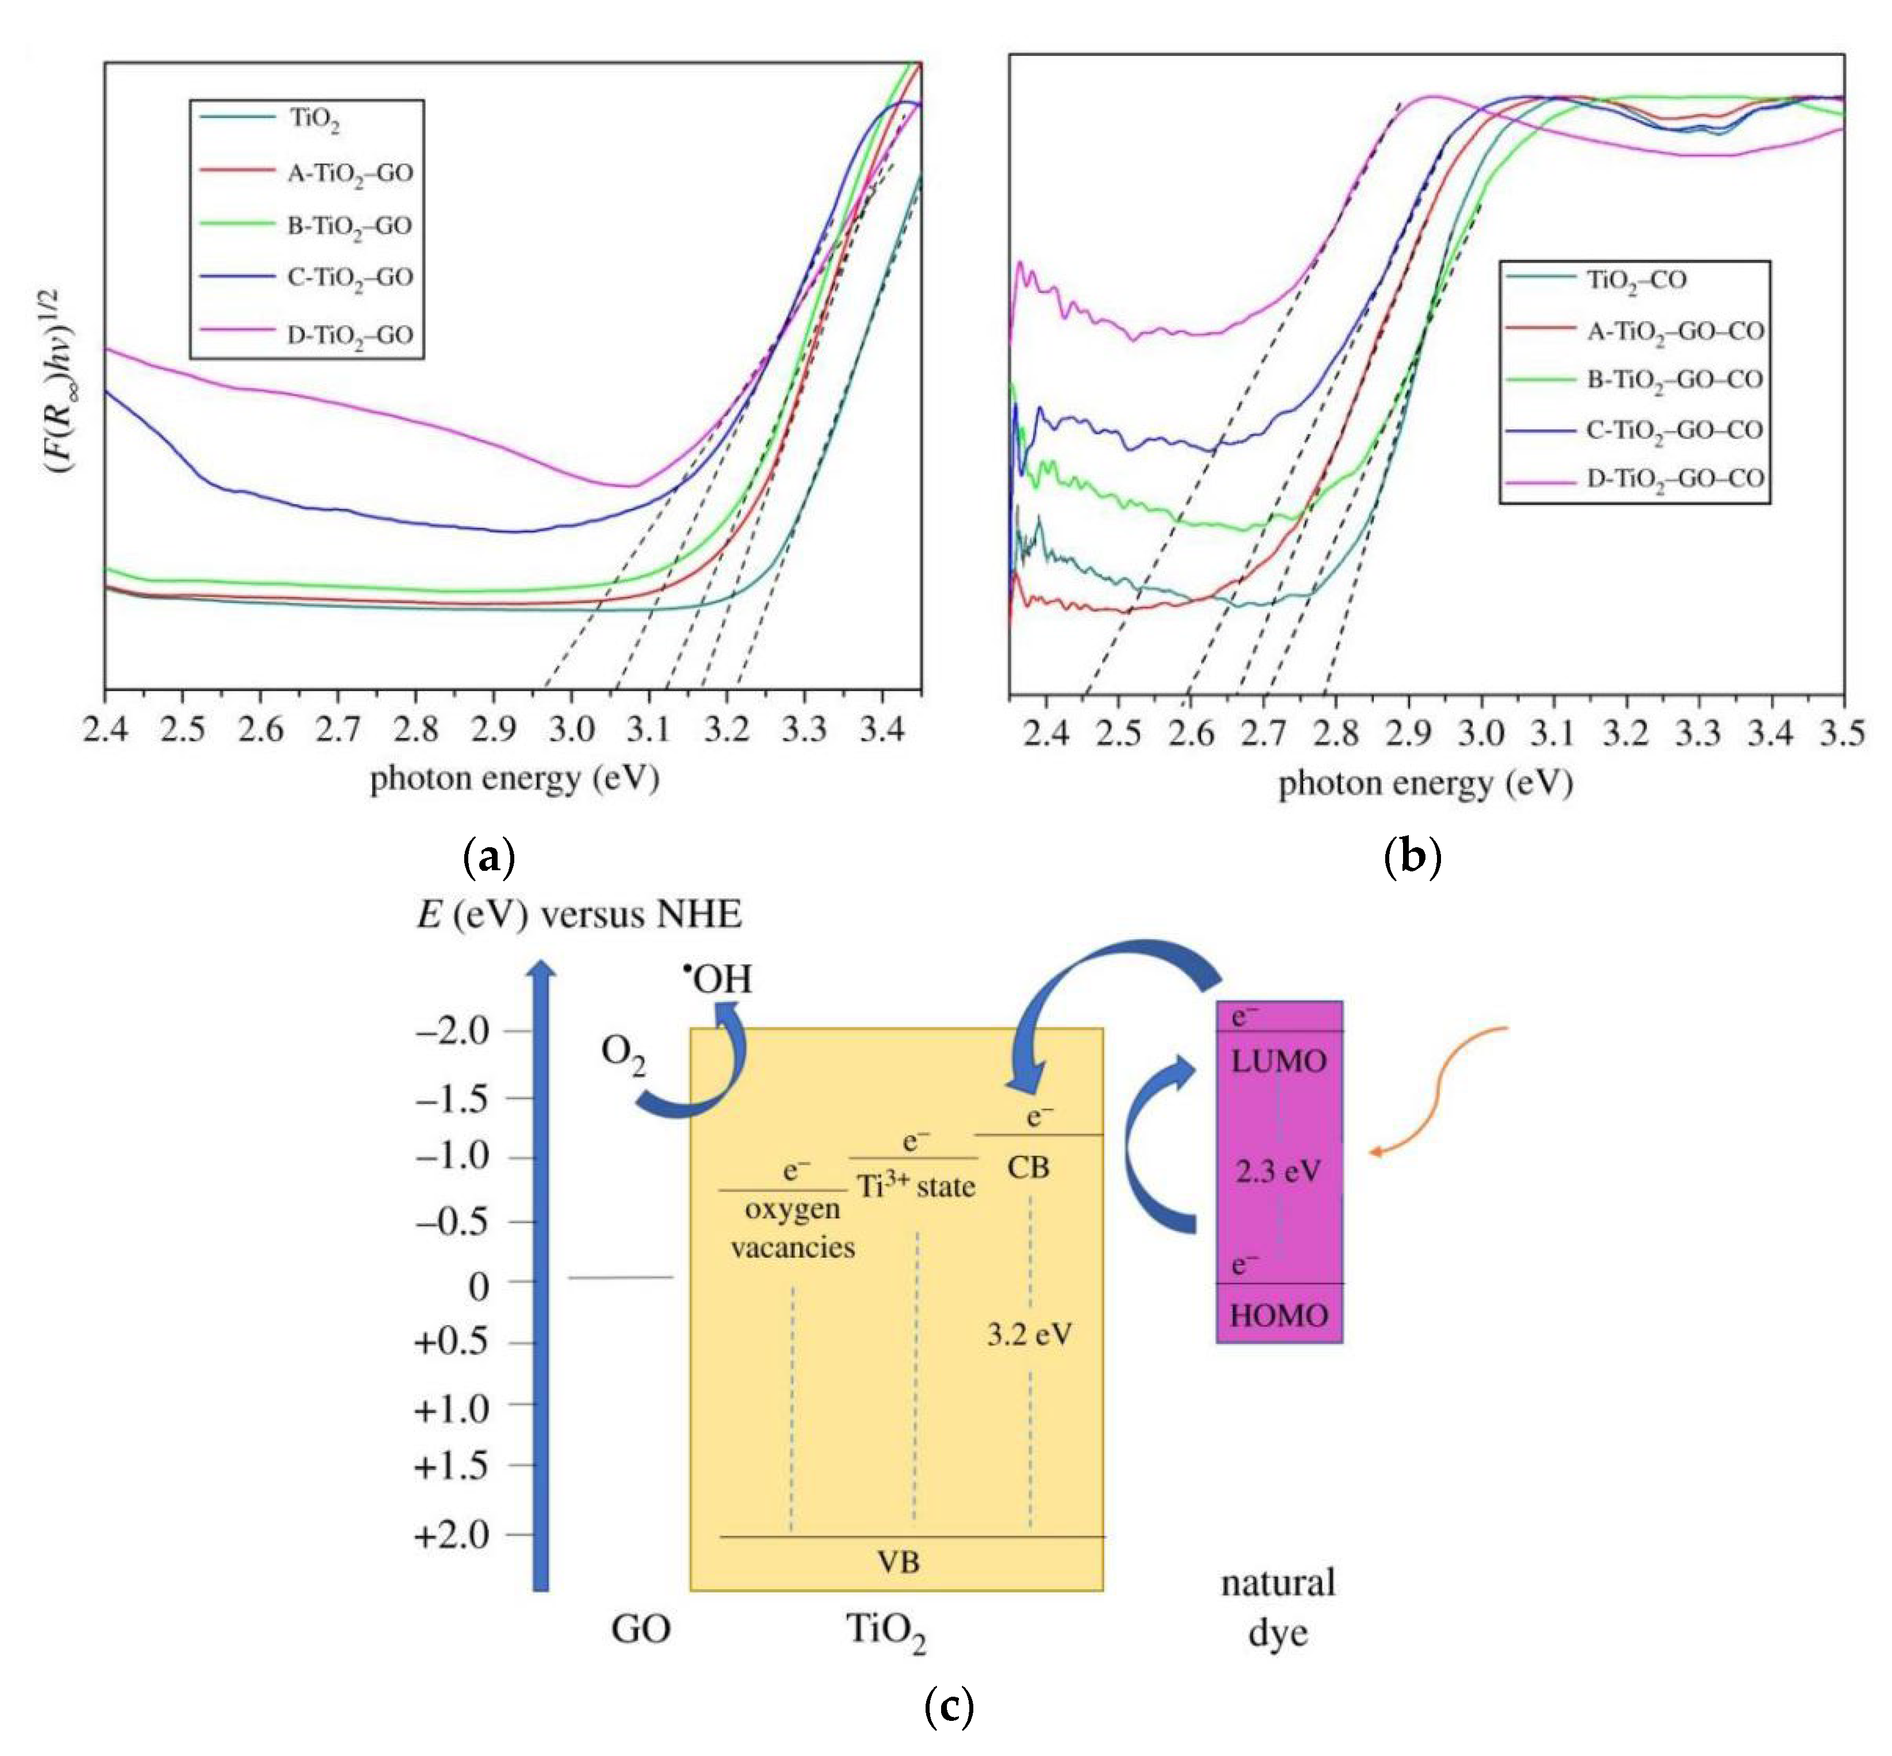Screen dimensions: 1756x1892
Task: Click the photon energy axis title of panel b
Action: pos(1425,784)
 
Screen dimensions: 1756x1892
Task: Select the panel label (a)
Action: pos(488,857)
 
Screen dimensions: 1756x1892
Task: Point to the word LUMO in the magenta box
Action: pos(1278,1061)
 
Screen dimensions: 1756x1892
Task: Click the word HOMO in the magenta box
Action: pos(1278,1316)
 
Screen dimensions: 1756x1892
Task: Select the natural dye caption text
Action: pos(1278,1608)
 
